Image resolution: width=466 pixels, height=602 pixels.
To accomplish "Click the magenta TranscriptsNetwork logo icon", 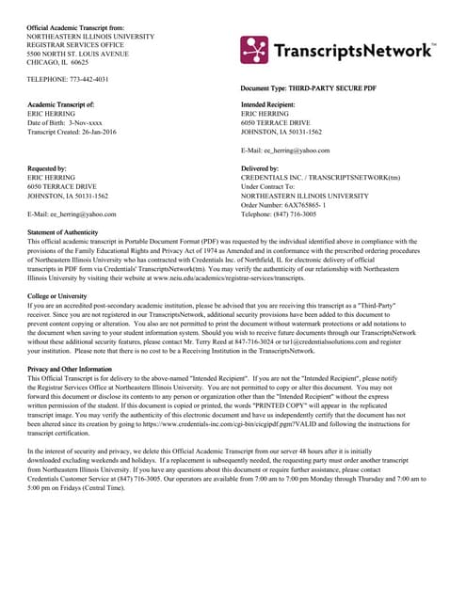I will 254,50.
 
